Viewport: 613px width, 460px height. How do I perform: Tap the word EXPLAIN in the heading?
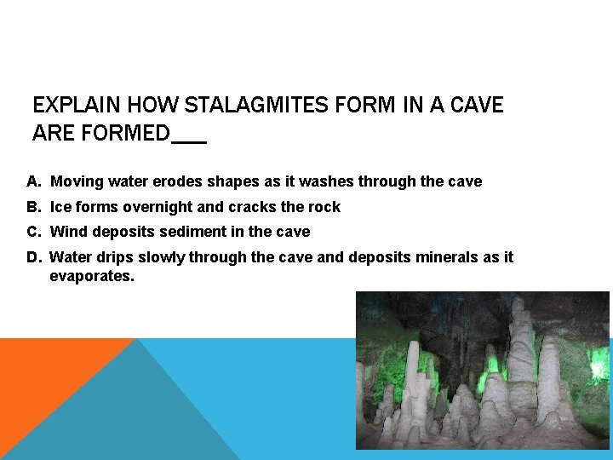76,106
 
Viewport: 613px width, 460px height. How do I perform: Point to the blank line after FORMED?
189,135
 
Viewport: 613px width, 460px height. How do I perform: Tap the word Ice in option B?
61,207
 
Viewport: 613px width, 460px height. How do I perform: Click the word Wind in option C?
69,232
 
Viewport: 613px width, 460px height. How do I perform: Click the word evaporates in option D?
92,277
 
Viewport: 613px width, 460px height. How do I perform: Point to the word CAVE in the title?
476,106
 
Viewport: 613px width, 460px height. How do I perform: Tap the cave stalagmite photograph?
482,371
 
